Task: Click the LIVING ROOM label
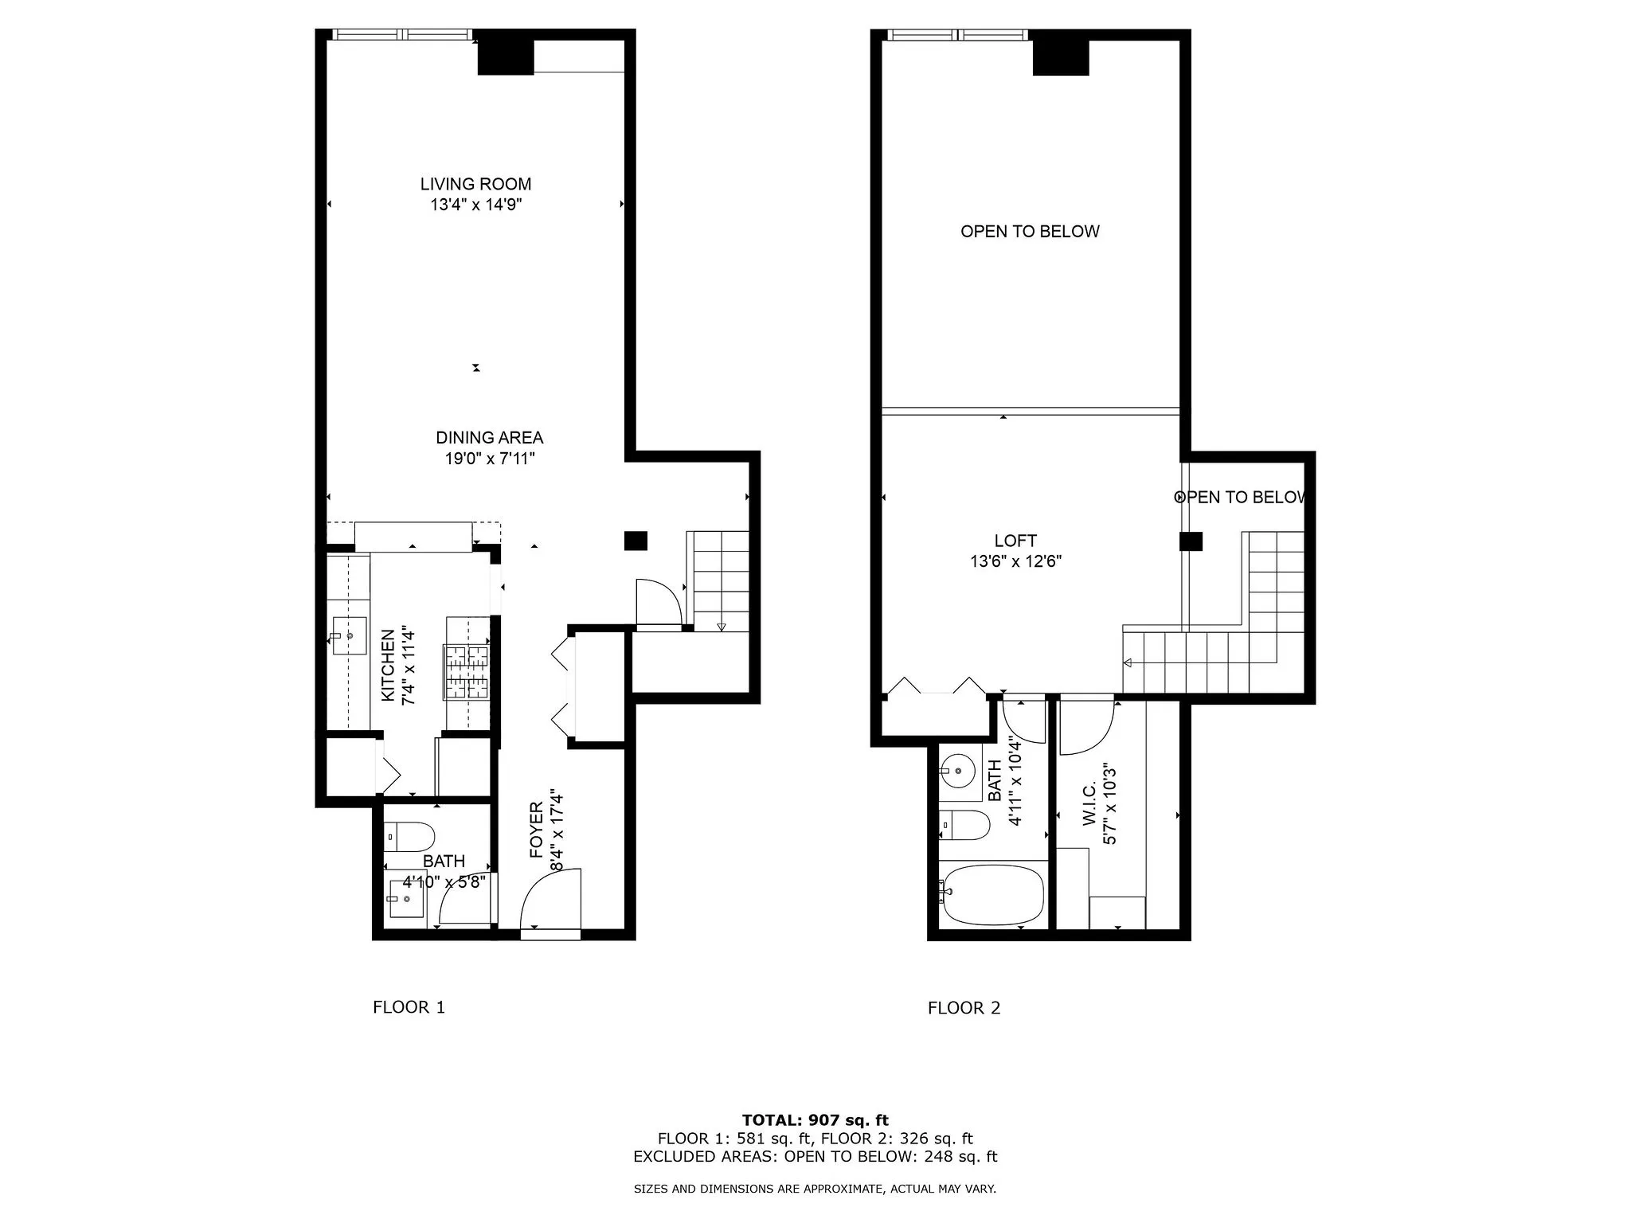[475, 184]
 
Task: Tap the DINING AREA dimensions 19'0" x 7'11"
[489, 459]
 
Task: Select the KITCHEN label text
[388, 666]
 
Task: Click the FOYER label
[536, 830]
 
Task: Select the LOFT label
[1015, 541]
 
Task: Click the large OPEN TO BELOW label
[1030, 232]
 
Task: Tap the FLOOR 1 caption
[409, 1007]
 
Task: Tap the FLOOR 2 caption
[964, 1008]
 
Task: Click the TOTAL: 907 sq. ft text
[815, 1120]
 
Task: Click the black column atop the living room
[505, 57]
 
